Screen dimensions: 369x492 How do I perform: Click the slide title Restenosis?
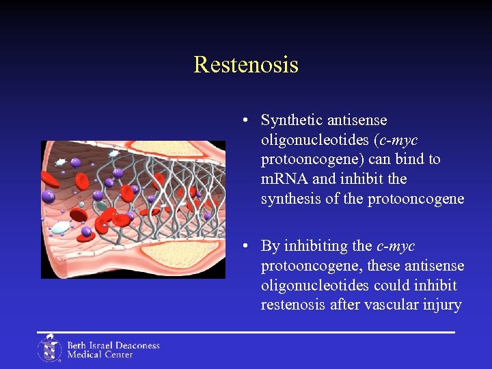tap(246, 65)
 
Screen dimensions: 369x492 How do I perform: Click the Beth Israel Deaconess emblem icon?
tap(49, 348)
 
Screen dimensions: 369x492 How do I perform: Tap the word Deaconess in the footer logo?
tap(135, 345)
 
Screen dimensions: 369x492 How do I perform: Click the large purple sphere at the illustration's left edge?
tap(49, 197)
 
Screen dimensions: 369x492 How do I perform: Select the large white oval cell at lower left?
tap(61, 228)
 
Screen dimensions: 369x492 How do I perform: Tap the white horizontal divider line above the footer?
tap(246, 332)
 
